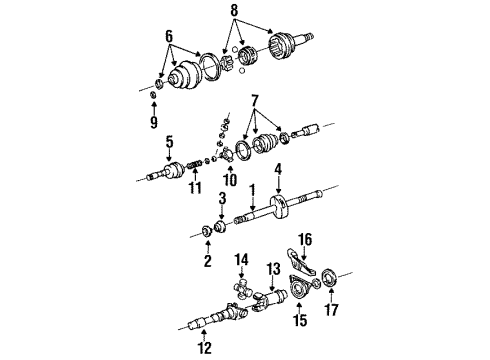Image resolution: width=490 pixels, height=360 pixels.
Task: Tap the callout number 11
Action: (x=196, y=187)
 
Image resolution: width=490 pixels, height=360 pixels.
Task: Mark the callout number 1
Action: (x=252, y=190)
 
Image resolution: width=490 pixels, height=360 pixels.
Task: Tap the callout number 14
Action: (x=240, y=259)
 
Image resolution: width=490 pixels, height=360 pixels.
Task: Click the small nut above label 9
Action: (x=154, y=97)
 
